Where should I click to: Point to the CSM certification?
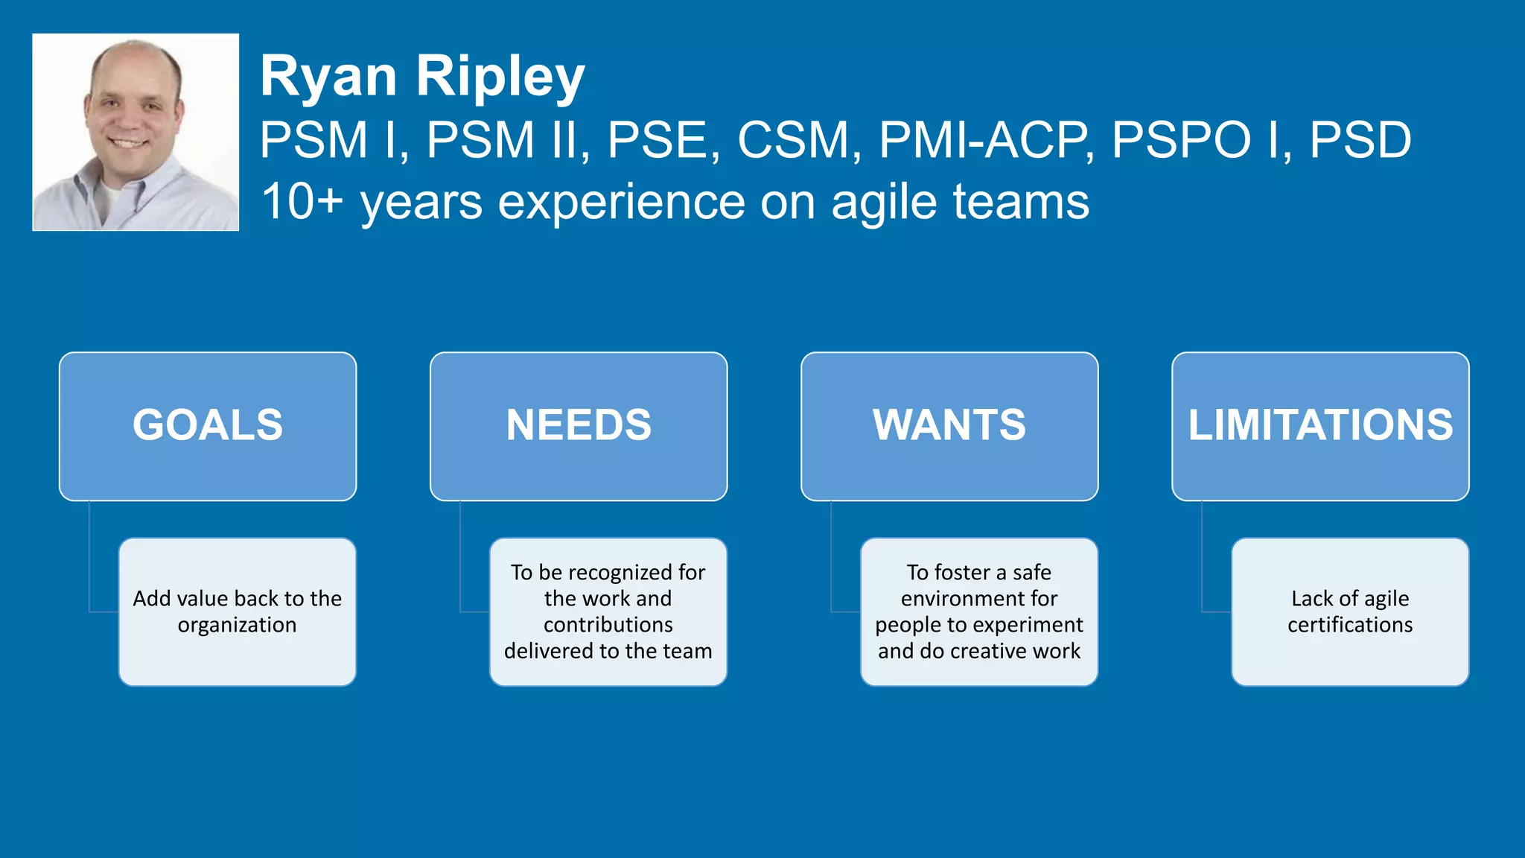[793, 140]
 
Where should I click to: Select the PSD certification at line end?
[1360, 140]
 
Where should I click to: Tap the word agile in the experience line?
[883, 203]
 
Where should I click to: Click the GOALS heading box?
[208, 426]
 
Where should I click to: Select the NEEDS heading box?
[579, 426]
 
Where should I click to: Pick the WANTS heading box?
[949, 426]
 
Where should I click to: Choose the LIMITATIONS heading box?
[1320, 426]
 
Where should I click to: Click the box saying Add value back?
[237, 611]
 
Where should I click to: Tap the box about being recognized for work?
[608, 611]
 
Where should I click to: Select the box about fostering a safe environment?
[978, 611]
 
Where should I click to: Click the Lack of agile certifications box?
[1349, 611]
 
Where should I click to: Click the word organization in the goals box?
[237, 625]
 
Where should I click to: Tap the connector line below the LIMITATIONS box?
[1202, 559]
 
